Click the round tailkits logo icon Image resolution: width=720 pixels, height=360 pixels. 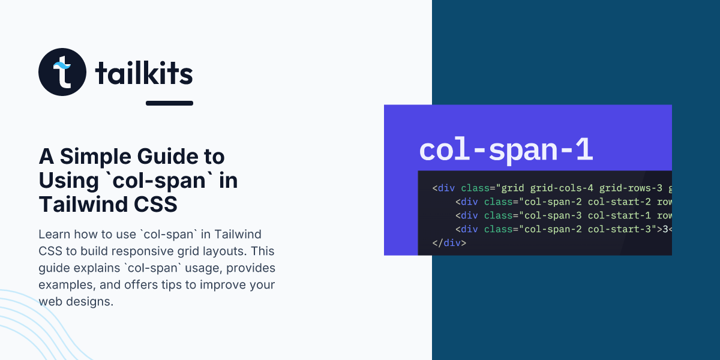coord(62,72)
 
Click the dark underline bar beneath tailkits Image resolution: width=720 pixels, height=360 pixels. coord(169,103)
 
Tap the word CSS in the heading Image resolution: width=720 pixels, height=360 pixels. coord(155,205)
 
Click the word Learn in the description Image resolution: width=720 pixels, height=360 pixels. coord(55,235)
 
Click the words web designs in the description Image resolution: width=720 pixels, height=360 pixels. coord(76,301)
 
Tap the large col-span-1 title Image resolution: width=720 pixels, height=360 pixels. coord(506,150)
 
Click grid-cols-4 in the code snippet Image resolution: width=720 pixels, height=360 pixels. coord(562,188)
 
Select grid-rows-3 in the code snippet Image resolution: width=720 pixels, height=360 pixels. coord(631,188)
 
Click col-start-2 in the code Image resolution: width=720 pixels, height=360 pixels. coord(619,202)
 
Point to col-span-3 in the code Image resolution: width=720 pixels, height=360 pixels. coord(553,215)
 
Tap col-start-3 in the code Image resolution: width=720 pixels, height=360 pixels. coord(619,229)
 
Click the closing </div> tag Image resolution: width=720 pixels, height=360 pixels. coord(449,242)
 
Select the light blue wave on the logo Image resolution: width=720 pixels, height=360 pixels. coord(62,65)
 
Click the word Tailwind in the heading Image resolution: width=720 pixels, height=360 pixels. coord(83,205)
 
